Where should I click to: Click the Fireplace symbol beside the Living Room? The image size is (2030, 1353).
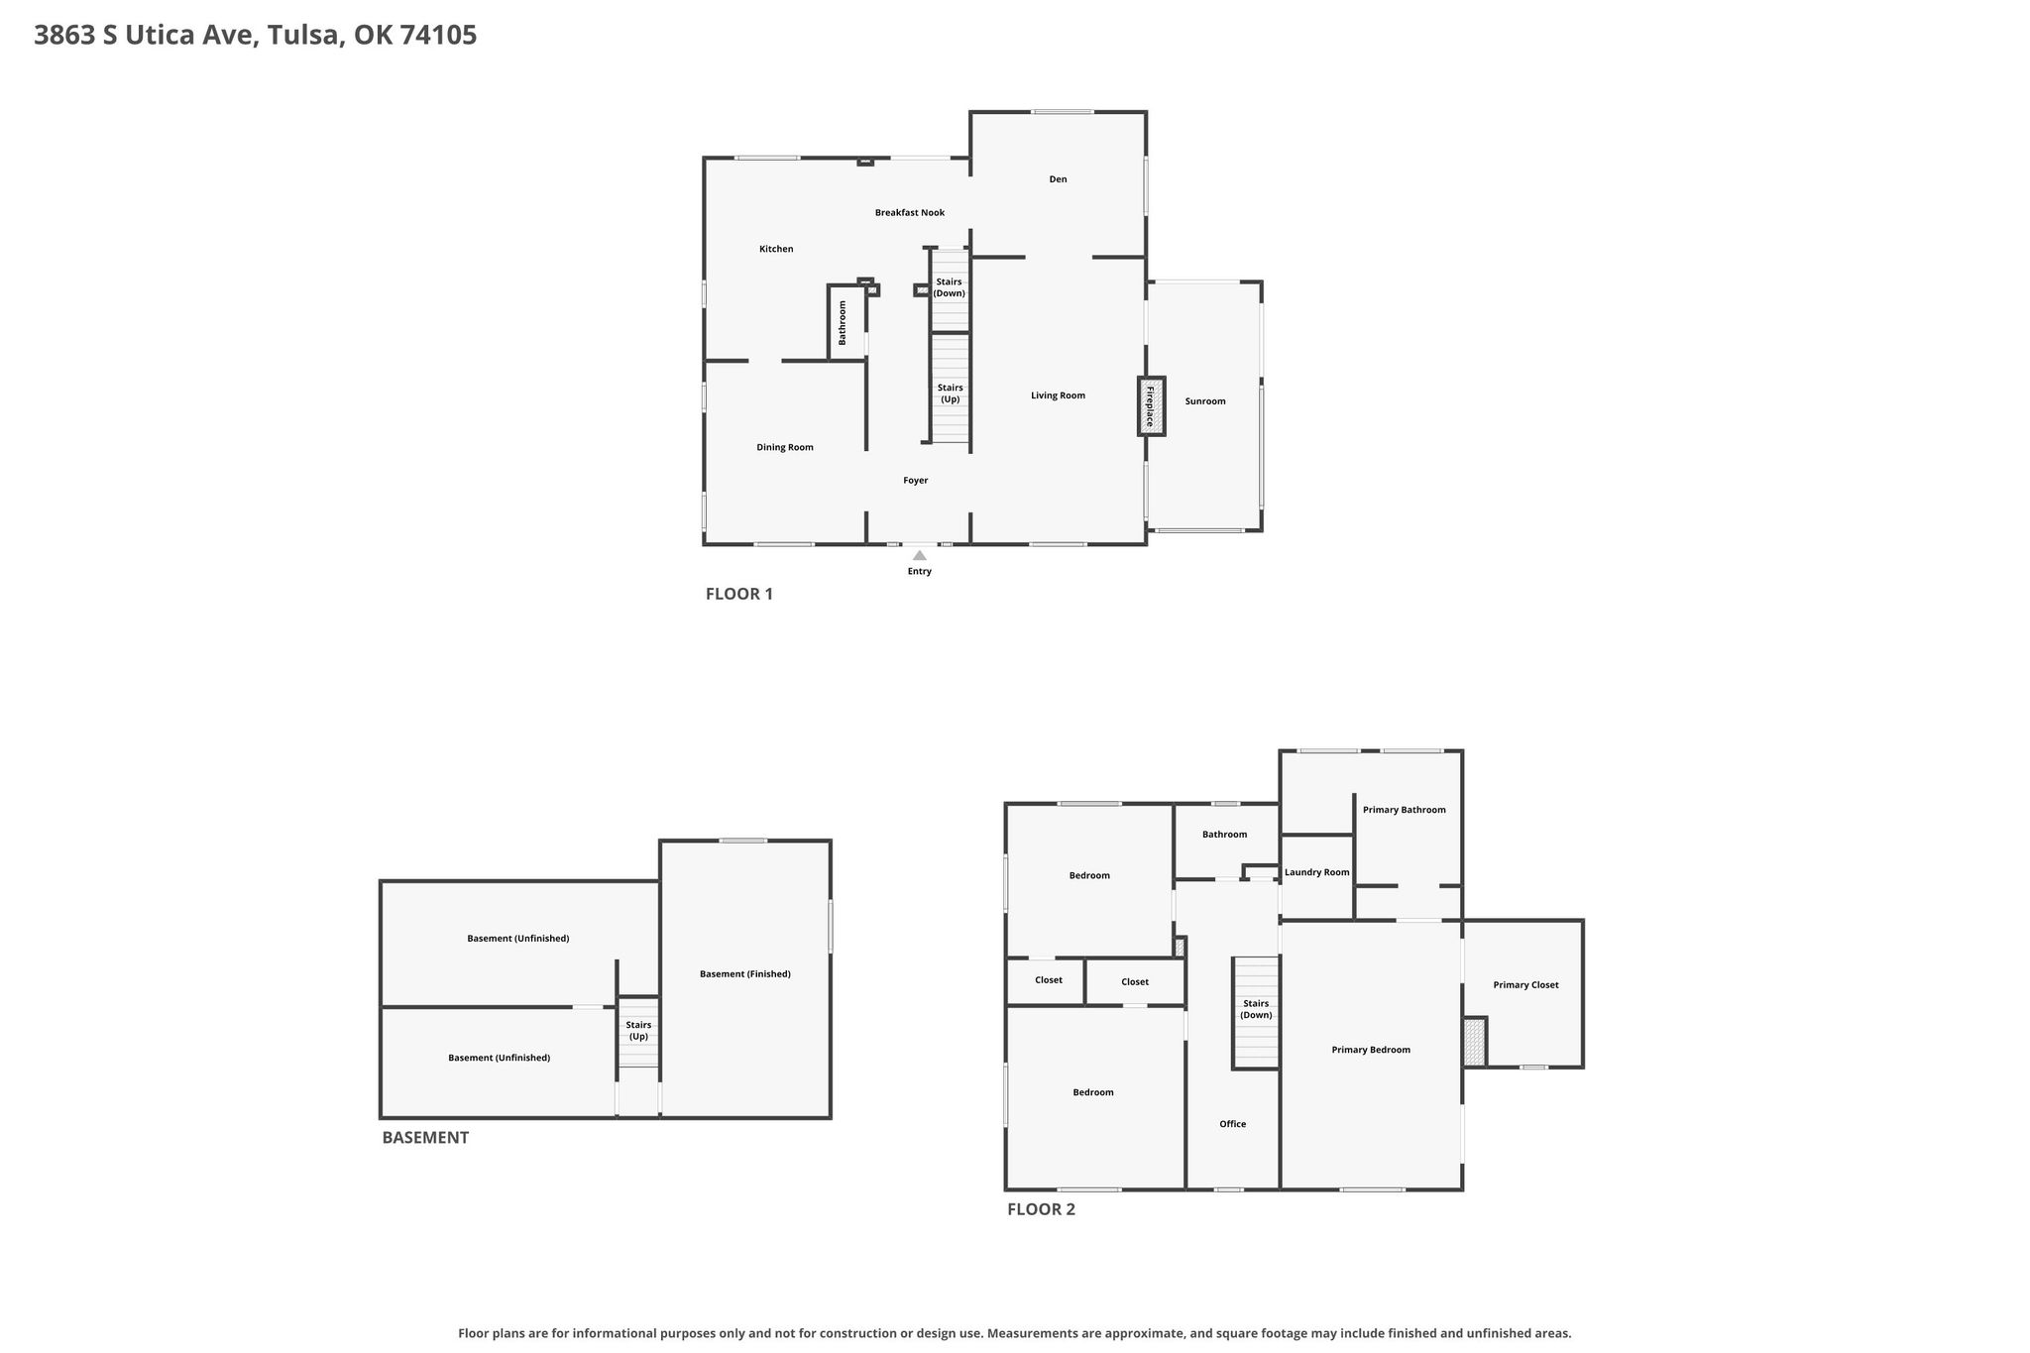[x=1151, y=405]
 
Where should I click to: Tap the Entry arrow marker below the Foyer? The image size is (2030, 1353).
[x=920, y=555]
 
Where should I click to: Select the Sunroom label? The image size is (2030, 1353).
[x=1205, y=401]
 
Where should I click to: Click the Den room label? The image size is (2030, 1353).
[x=1059, y=179]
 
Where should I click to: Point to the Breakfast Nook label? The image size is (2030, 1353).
[x=910, y=213]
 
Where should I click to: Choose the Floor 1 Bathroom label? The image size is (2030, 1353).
[x=843, y=322]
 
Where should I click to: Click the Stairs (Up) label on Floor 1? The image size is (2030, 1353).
[x=950, y=394]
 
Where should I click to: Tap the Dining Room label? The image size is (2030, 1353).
[x=785, y=447]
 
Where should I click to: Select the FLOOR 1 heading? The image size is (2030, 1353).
[x=739, y=595]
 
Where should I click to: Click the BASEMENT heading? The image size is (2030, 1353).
[x=425, y=1138]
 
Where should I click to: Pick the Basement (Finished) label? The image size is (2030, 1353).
[x=745, y=974]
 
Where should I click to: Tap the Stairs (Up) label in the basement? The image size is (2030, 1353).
[x=638, y=1031]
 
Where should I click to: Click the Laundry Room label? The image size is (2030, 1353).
[x=1317, y=872]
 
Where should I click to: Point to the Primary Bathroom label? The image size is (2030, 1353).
[x=1405, y=810]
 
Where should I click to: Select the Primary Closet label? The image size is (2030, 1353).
[x=1526, y=985]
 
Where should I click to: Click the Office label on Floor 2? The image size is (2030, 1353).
[x=1233, y=1124]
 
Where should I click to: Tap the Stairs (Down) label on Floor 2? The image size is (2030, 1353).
[x=1256, y=1009]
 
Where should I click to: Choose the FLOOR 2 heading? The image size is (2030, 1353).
[x=1042, y=1209]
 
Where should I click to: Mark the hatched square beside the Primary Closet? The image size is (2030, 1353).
[x=1475, y=1042]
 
